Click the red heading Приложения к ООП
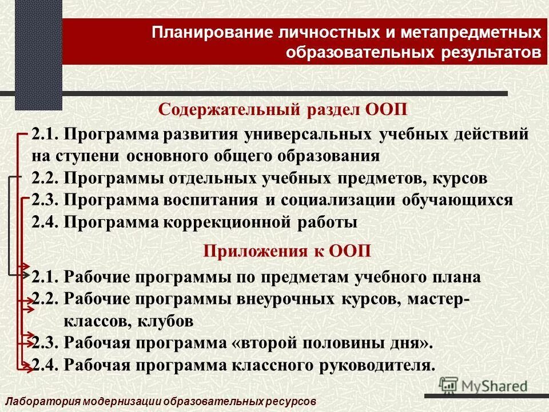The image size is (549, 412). coord(287,250)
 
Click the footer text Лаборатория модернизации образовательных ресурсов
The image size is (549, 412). coord(160,402)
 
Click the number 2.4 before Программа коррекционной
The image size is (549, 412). coord(45,222)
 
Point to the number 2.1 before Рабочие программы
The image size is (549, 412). coord(45,278)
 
